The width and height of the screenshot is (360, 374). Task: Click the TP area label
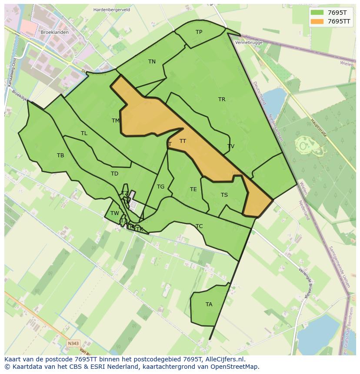(199, 32)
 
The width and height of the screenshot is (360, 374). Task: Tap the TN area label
(152, 62)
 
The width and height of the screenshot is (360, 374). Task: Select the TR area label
(222, 99)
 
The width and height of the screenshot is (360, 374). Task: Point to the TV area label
(231, 146)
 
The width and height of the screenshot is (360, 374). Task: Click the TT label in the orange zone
(183, 141)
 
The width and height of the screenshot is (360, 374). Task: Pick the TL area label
(84, 133)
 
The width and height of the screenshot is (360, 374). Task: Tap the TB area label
(60, 156)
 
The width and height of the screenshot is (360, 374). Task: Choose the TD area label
(114, 174)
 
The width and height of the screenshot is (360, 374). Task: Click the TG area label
(160, 187)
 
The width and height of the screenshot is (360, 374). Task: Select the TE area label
(193, 189)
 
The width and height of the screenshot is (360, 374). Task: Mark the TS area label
(224, 195)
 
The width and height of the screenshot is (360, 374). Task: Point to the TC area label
(199, 226)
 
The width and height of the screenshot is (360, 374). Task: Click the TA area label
(209, 304)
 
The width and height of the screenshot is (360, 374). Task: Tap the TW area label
(114, 213)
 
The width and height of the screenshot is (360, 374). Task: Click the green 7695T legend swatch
(317, 13)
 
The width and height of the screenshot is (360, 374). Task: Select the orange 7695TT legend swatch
(317, 21)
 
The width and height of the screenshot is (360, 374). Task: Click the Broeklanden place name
(54, 33)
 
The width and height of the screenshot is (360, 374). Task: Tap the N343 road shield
(73, 344)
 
